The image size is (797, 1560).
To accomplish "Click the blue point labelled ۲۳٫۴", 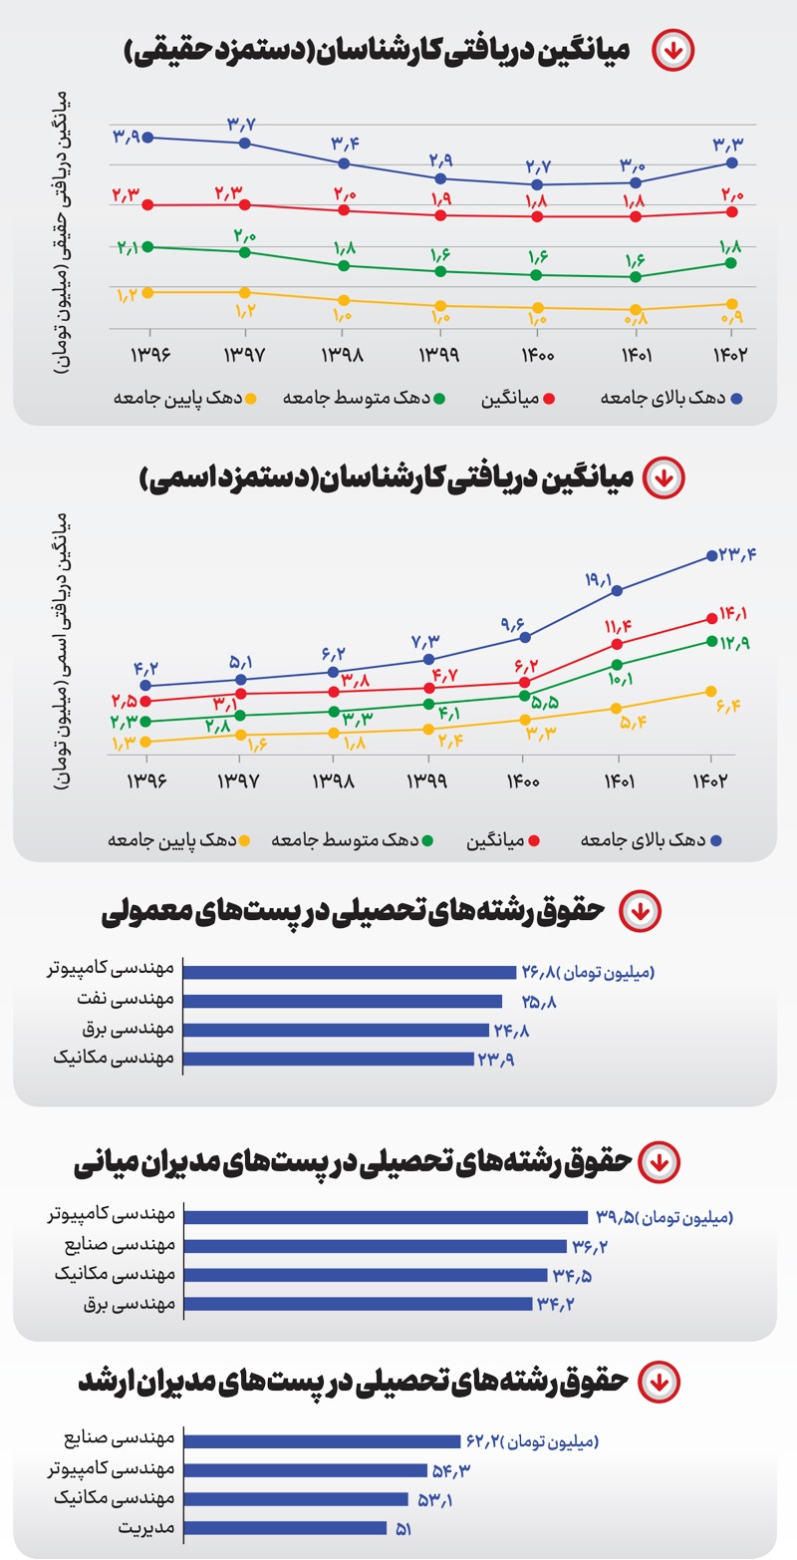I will pos(711,555).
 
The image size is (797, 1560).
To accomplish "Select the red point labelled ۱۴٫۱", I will pos(711,618).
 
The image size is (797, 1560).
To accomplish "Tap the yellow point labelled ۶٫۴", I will pos(711,691).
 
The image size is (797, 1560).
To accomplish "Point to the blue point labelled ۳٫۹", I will pos(148,137).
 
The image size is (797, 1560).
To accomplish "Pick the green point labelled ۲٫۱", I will pos(148,246).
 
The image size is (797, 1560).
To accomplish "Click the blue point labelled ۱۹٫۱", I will pos(618,590).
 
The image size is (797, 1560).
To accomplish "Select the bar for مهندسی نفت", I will pos(344,1002).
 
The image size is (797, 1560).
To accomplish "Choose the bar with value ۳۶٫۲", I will pos(376,1246).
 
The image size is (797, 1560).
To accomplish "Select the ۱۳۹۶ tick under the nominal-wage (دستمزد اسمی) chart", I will pos(148,780).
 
